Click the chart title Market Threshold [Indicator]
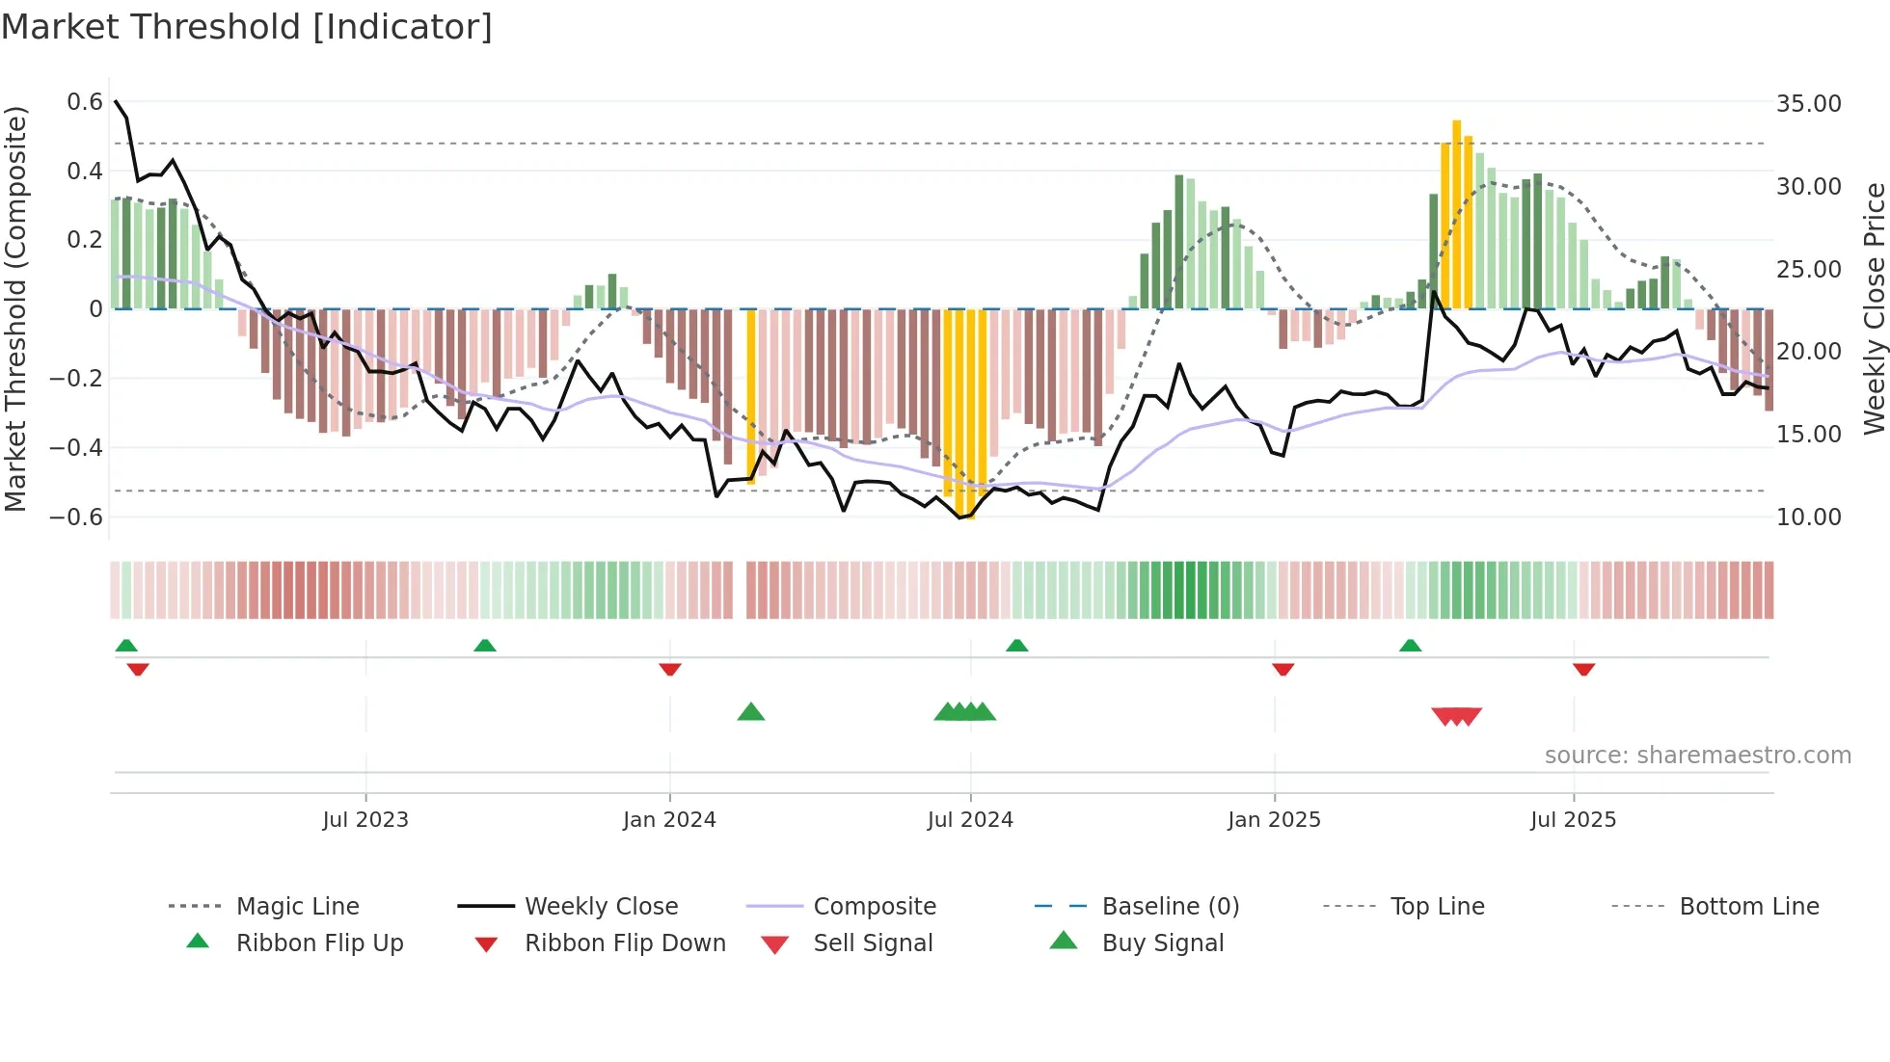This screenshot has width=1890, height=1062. [247, 27]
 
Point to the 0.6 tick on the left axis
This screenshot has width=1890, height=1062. [85, 102]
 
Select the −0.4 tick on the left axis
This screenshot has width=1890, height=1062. [77, 447]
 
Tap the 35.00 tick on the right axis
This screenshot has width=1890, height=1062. [1808, 104]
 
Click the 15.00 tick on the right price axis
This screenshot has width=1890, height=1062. [1808, 435]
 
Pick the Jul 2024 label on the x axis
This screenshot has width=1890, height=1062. [970, 820]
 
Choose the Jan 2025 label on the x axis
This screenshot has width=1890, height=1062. [1274, 820]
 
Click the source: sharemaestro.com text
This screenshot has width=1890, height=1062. [1697, 756]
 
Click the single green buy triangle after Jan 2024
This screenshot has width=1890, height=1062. [750, 713]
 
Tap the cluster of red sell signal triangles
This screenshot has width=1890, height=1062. [1456, 716]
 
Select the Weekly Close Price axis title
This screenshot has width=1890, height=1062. [1874, 308]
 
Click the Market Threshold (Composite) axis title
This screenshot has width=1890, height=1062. [15, 308]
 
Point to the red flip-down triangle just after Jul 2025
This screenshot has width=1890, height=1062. [1583, 669]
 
